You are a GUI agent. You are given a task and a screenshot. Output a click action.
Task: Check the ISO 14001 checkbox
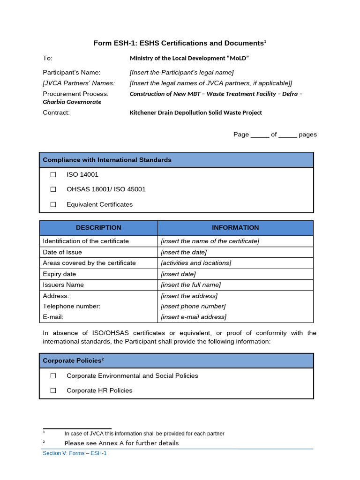(53, 174)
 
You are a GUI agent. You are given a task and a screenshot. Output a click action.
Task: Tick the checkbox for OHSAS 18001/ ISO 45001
(53, 189)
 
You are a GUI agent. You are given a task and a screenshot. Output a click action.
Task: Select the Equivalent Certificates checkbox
(53, 204)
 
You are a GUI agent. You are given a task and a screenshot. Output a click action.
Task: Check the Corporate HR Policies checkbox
(53, 390)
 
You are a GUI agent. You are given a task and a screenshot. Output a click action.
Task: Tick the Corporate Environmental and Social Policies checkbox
(53, 376)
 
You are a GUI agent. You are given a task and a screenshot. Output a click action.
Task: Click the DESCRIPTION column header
(98, 228)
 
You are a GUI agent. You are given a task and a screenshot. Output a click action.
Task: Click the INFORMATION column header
(235, 228)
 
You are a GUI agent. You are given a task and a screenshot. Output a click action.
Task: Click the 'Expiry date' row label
(59, 274)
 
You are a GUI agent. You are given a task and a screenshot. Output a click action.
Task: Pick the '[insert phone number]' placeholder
(193, 307)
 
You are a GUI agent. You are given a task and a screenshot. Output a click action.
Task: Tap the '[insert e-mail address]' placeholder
(194, 317)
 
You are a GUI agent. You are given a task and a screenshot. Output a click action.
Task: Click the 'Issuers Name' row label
(63, 285)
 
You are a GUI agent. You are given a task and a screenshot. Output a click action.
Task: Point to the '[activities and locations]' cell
(196, 263)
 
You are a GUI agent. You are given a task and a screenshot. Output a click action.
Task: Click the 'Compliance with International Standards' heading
(107, 160)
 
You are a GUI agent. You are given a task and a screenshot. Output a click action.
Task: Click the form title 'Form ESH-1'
(180, 43)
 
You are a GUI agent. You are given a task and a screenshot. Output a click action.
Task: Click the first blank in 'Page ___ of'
(260, 135)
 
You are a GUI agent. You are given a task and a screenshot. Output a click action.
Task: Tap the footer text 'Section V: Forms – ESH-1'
(75, 453)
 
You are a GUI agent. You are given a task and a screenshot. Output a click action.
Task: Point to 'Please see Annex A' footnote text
(121, 443)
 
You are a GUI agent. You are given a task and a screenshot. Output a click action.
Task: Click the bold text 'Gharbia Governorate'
(72, 102)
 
